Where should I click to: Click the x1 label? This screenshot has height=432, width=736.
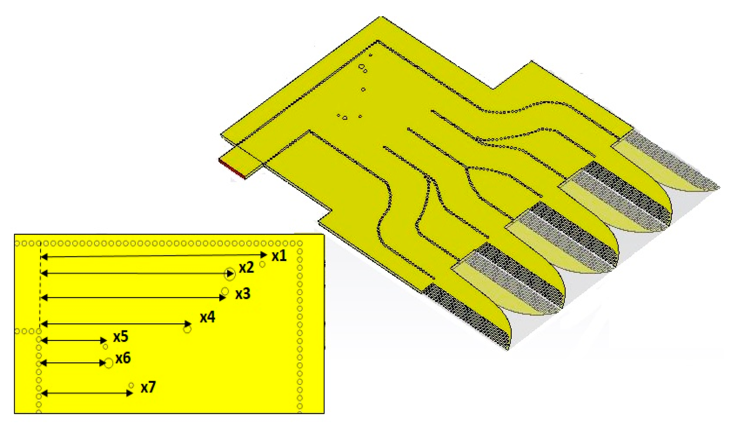click(279, 256)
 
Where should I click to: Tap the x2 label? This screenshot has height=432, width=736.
click(246, 268)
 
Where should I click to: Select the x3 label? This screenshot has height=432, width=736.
click(243, 294)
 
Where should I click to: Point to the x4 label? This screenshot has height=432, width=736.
click(207, 317)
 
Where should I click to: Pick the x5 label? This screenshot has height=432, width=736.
click(121, 336)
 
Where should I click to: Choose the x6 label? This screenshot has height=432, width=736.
click(123, 358)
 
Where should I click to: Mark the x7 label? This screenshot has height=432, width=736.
click(148, 387)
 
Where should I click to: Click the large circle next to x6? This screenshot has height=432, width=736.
click(109, 363)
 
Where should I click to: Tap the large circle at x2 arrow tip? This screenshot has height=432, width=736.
click(230, 274)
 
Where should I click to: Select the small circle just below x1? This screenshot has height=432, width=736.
click(262, 264)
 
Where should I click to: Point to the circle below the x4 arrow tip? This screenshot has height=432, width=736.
click(187, 329)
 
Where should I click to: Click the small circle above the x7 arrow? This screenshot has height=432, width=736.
click(131, 386)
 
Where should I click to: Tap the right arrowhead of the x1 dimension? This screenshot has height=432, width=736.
click(264, 255)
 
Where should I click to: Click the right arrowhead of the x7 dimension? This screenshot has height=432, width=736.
click(130, 393)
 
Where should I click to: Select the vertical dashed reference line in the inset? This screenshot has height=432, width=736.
click(40, 287)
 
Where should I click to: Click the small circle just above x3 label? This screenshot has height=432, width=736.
click(225, 291)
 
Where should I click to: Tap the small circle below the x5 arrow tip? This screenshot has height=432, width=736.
click(105, 347)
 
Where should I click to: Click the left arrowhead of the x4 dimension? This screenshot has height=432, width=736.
click(44, 324)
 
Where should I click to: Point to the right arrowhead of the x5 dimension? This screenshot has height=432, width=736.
click(104, 340)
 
